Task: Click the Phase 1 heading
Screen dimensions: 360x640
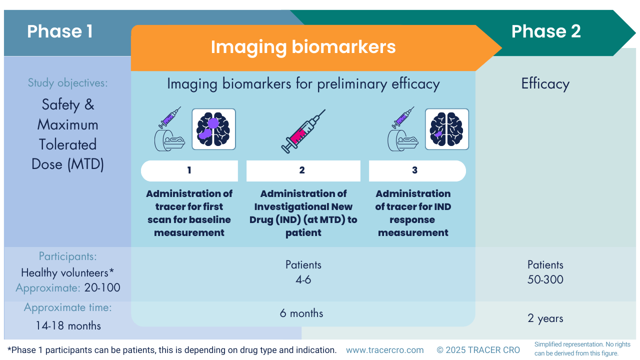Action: click(x=60, y=31)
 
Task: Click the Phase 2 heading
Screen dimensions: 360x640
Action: click(x=546, y=31)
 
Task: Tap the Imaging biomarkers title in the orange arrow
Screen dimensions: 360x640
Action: click(x=303, y=47)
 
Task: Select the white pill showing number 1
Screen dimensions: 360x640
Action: click(x=189, y=170)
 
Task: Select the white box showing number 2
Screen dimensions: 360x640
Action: click(x=303, y=170)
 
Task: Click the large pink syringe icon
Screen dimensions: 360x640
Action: click(x=303, y=131)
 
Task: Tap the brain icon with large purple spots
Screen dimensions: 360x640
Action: click(x=213, y=129)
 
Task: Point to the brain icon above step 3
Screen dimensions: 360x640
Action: click(x=446, y=129)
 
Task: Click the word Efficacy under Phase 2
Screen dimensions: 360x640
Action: click(x=545, y=83)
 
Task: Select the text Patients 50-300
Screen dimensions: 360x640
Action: click(x=545, y=272)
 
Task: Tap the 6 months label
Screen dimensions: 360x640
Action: click(x=301, y=313)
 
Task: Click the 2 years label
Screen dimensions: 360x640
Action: click(x=545, y=318)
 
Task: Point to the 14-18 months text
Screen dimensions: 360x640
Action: click(x=68, y=326)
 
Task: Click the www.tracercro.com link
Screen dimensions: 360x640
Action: click(x=384, y=350)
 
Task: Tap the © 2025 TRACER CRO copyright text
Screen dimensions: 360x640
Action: click(x=478, y=350)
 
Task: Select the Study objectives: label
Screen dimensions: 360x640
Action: click(x=67, y=83)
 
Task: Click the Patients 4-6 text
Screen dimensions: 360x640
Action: click(x=303, y=272)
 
